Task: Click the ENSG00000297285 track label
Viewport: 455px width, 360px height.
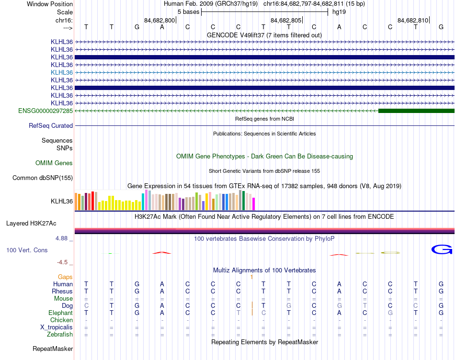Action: click(45, 111)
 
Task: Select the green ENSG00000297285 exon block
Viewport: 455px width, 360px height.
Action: click(416, 111)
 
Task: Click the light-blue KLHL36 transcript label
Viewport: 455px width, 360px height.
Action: click(62, 72)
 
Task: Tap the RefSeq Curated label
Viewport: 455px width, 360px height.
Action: click(51, 126)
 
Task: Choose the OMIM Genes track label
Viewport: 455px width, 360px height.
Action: click(54, 163)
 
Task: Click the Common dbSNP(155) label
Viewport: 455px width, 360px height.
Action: click(43, 178)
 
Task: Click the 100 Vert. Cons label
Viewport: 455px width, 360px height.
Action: click(27, 250)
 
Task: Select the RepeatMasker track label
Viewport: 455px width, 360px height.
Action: click(53, 349)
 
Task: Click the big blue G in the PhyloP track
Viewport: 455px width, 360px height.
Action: click(442, 249)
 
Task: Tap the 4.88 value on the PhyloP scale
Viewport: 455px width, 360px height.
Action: click(63, 238)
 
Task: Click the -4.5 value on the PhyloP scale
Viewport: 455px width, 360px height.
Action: click(64, 262)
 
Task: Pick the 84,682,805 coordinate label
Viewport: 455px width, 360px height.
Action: click(286, 21)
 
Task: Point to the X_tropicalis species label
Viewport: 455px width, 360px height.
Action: click(57, 327)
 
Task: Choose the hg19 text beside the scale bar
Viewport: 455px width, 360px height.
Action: click(339, 11)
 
